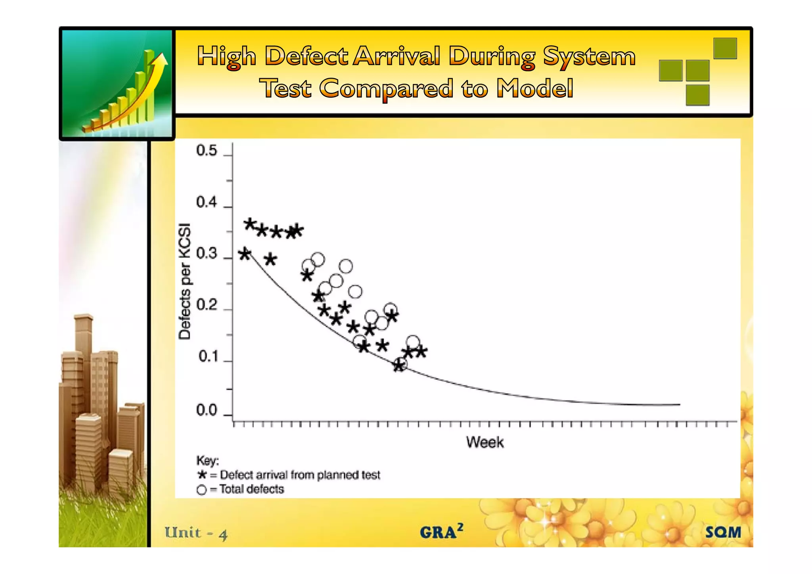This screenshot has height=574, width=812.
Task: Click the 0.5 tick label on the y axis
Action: [x=207, y=151]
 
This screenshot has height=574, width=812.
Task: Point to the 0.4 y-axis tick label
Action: [x=207, y=203]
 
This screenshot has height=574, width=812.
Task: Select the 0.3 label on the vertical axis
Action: [x=207, y=254]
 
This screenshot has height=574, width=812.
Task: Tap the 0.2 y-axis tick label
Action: [x=207, y=306]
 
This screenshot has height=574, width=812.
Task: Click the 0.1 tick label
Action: [x=208, y=357]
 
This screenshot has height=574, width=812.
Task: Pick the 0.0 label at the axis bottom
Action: [x=207, y=411]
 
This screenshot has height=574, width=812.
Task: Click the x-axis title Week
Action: [x=485, y=442]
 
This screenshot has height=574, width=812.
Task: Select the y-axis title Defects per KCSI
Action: [x=185, y=281]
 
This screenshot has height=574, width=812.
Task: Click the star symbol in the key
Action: [x=202, y=475]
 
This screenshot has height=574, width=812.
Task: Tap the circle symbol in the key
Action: [x=201, y=490]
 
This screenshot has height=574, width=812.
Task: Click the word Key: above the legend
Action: [x=207, y=461]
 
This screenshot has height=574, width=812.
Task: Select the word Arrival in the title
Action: [x=397, y=56]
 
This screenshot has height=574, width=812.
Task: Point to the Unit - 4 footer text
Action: [x=196, y=533]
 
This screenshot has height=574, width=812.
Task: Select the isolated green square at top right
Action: [x=725, y=48]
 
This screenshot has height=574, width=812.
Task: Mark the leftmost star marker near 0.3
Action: [x=245, y=254]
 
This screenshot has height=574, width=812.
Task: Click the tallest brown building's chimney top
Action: [x=83, y=318]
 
